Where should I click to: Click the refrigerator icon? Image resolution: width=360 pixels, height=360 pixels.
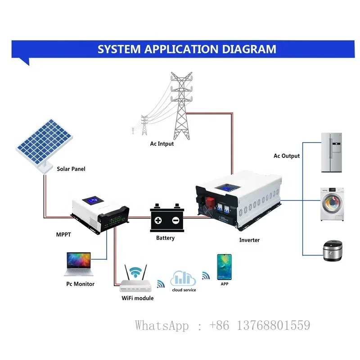click(333, 153)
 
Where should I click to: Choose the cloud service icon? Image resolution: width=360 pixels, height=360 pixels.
click(183, 279)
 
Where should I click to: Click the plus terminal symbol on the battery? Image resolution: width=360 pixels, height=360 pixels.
click(158, 220)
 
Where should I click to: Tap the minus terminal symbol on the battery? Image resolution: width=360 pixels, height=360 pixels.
click(175, 220)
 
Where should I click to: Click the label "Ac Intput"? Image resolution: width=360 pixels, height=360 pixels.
click(162, 144)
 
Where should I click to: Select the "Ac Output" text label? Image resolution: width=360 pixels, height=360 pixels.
click(287, 156)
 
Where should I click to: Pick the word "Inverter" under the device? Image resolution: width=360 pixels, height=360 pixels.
click(249, 240)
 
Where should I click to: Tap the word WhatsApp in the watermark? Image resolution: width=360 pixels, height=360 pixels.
click(162, 325)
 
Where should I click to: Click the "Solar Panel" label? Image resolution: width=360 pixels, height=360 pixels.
click(71, 169)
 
